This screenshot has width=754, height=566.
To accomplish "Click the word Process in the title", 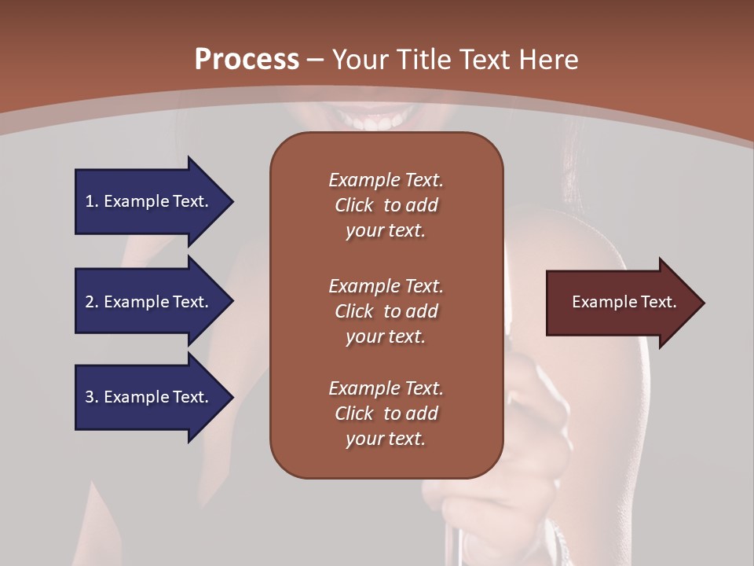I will (x=247, y=59).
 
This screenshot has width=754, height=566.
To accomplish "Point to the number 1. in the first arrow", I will (x=91, y=201).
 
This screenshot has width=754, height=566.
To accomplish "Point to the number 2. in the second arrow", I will (x=91, y=302).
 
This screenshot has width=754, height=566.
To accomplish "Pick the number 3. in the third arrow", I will (x=91, y=397).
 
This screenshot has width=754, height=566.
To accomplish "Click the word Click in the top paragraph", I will (x=354, y=205).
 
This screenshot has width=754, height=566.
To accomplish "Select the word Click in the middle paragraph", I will (x=354, y=311).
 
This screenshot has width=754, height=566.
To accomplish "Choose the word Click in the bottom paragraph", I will (x=354, y=413).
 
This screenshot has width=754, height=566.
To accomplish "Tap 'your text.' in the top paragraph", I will (x=386, y=231).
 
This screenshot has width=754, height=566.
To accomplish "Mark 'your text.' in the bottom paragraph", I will (x=386, y=439).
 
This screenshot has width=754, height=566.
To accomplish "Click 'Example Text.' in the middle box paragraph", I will (x=386, y=285).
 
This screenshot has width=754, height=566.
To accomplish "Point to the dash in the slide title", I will (x=315, y=60).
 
